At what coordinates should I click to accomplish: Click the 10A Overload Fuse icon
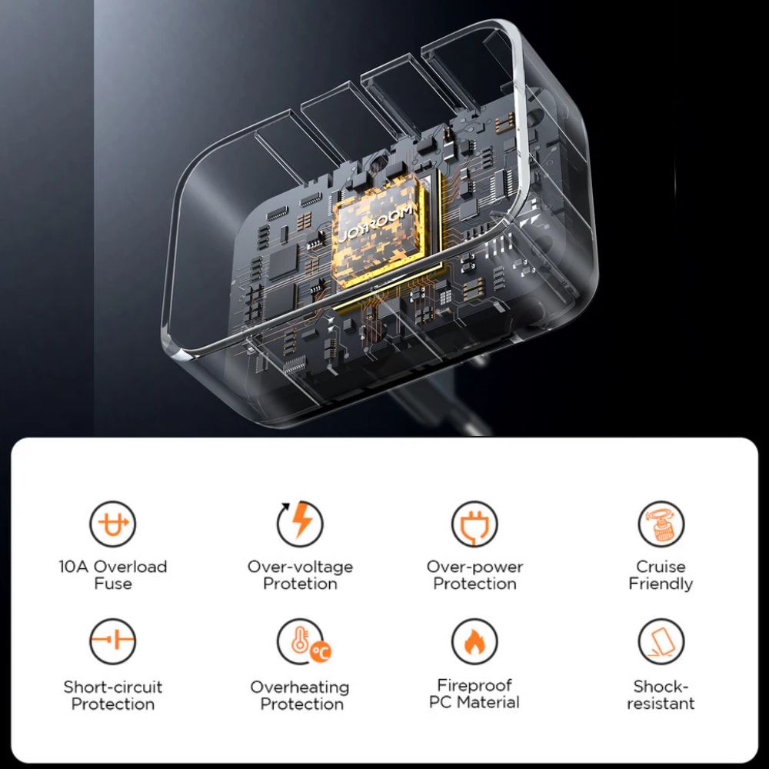(x=113, y=524)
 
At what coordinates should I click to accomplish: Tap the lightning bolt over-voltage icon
(x=300, y=524)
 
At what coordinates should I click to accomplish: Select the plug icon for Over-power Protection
(x=474, y=524)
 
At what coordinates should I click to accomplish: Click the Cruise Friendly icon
(x=661, y=524)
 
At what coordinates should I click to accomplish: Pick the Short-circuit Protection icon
(x=113, y=641)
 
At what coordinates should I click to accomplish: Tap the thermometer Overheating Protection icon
(x=303, y=641)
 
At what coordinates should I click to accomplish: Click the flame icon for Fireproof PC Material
(x=474, y=641)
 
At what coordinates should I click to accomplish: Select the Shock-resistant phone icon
(x=661, y=641)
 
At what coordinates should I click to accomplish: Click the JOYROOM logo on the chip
(x=376, y=225)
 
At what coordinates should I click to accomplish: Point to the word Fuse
(x=113, y=584)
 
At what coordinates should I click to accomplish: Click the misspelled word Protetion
(x=300, y=584)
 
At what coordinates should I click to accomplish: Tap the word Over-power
(x=474, y=568)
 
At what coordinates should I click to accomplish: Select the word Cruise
(x=661, y=567)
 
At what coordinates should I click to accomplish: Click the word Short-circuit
(x=113, y=687)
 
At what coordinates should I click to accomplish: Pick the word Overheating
(x=300, y=687)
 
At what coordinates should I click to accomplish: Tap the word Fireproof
(x=474, y=686)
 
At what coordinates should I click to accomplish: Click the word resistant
(x=661, y=704)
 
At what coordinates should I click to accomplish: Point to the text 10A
(x=74, y=567)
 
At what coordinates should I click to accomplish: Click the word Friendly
(x=661, y=584)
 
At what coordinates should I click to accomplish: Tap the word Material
(x=488, y=702)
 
